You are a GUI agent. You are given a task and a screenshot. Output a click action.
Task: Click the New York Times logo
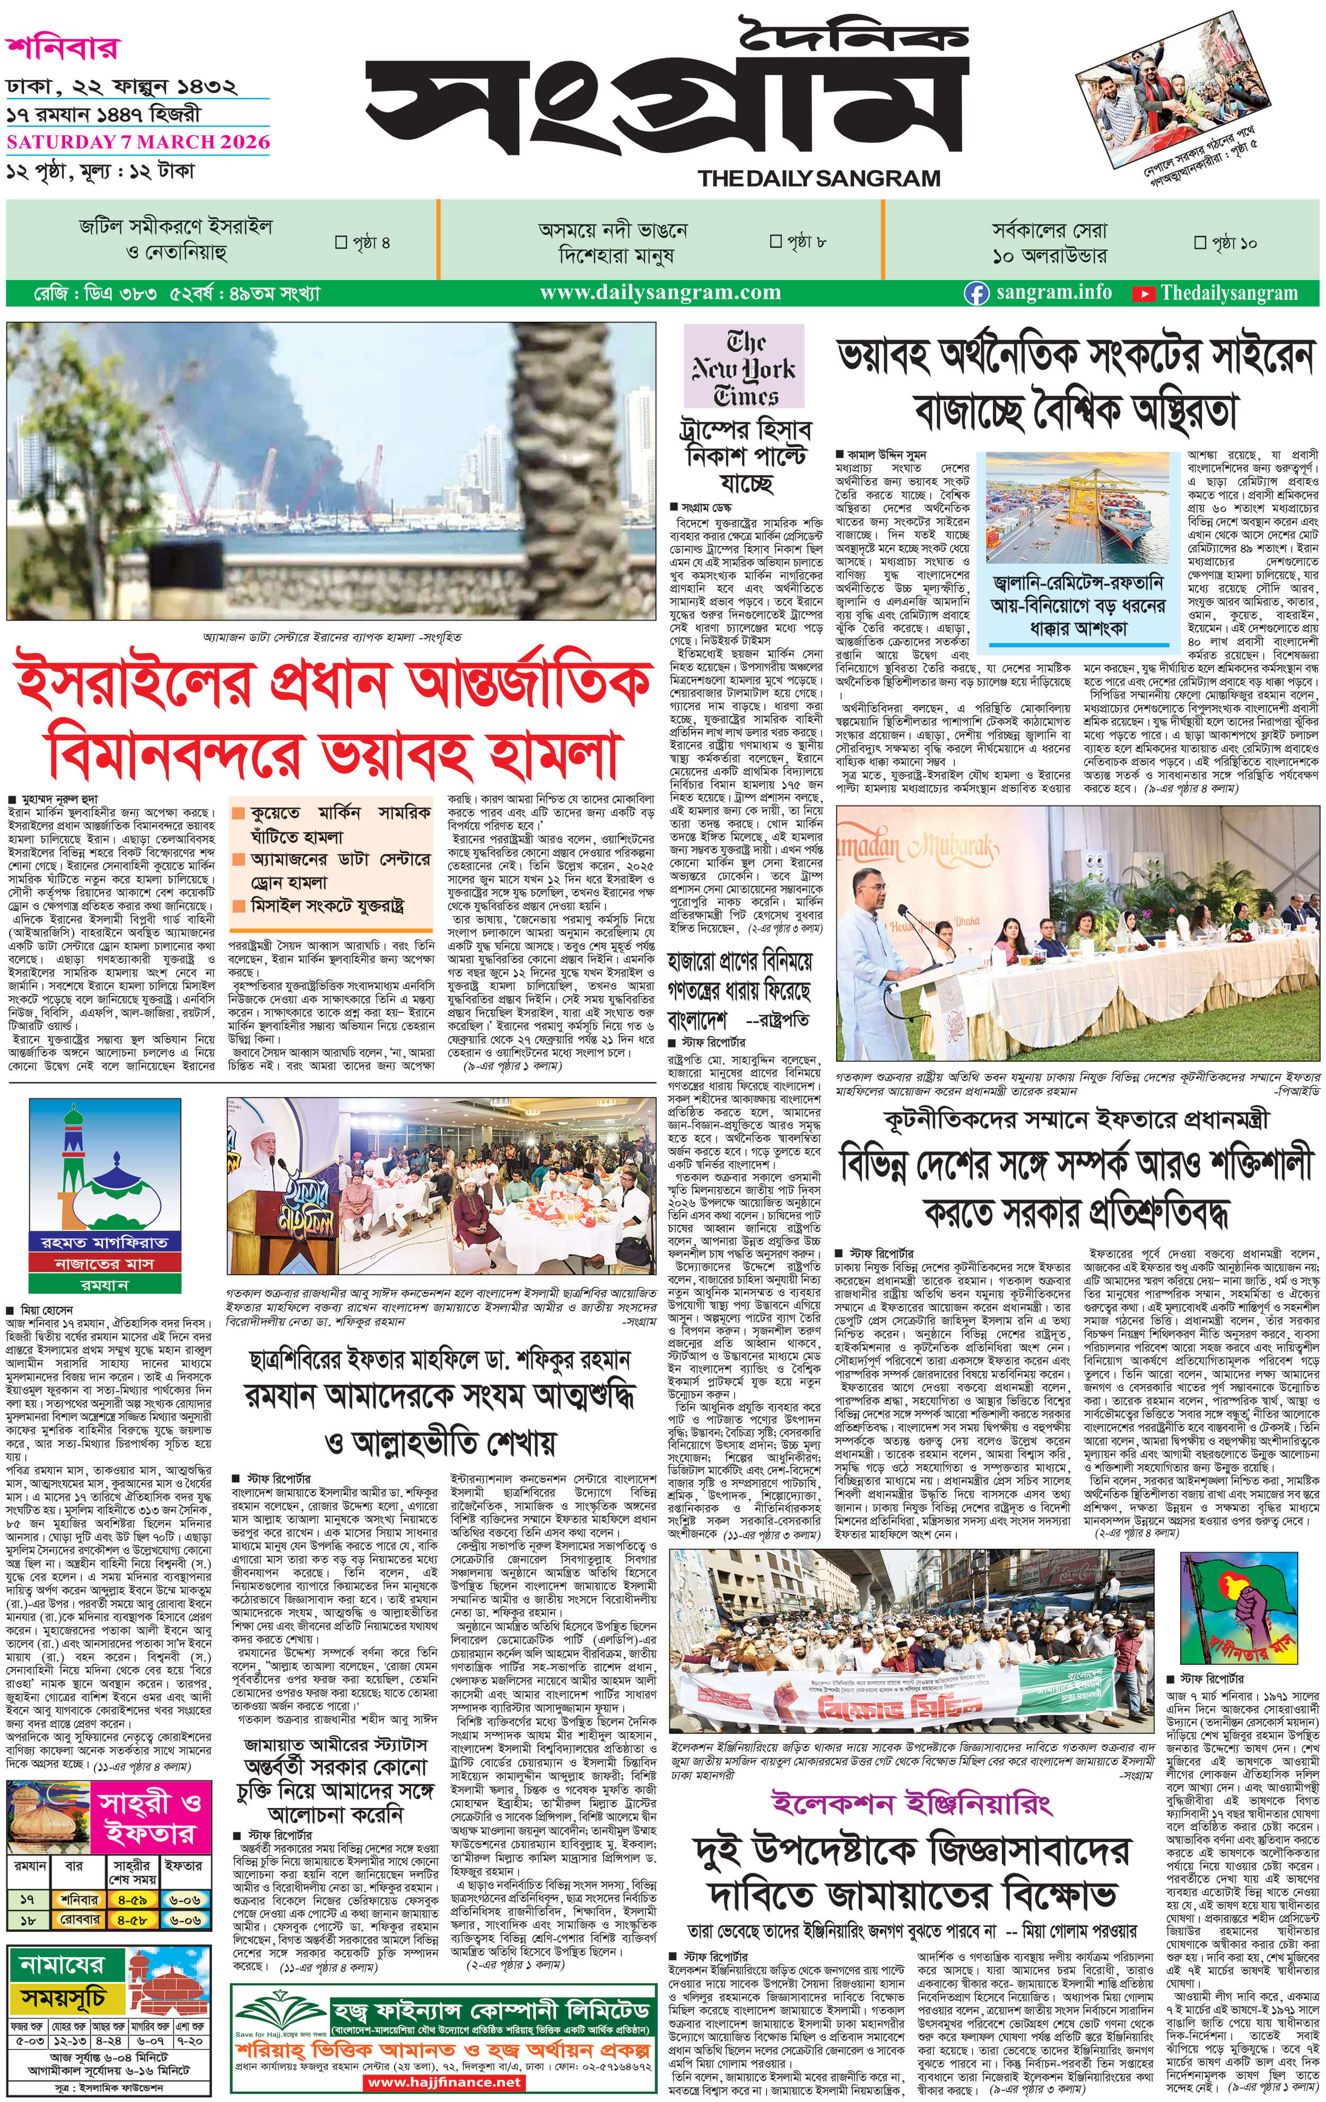pyautogui.click(x=744, y=368)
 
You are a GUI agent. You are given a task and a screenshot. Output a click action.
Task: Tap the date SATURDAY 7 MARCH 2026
pyautogui.click(x=138, y=142)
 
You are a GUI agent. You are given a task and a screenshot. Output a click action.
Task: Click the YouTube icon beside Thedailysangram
pyautogui.click(x=1142, y=293)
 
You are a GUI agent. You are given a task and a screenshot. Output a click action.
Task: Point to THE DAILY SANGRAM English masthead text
pyautogui.click(x=819, y=179)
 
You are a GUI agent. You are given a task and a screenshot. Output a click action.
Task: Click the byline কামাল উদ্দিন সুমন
pyautogui.click(x=886, y=454)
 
